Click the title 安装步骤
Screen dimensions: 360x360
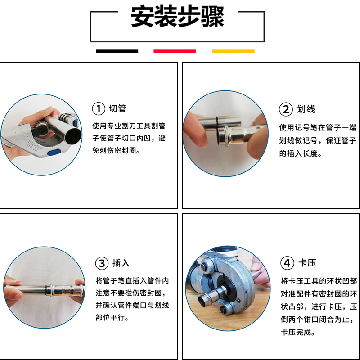point(177,18)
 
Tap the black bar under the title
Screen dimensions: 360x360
point(117,51)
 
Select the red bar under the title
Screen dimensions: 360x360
point(175,51)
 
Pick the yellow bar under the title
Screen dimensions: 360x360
point(233,51)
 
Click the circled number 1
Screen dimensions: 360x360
point(99,109)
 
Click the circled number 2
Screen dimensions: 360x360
point(286,109)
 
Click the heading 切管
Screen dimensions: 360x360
point(118,109)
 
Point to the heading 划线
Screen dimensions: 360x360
point(306,109)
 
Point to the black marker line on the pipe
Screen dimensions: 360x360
point(217,121)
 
